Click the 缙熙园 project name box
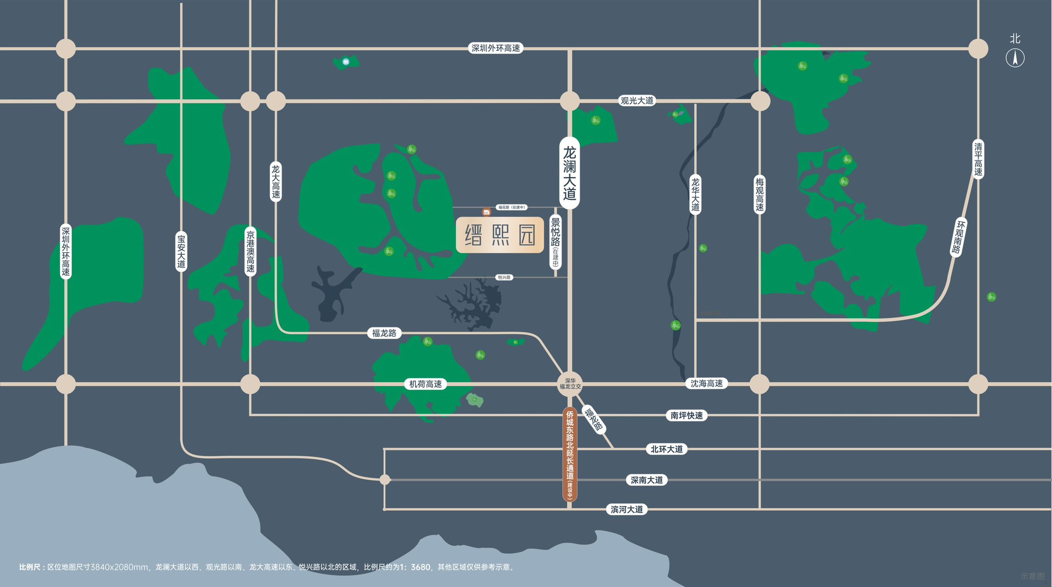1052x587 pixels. click(x=500, y=235)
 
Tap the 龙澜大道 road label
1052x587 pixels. click(x=569, y=173)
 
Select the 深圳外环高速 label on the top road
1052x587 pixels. click(x=495, y=48)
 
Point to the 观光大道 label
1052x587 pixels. click(x=637, y=100)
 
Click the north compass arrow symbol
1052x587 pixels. click(x=1015, y=58)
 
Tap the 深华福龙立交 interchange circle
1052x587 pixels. click(x=570, y=384)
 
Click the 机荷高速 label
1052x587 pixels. click(x=425, y=384)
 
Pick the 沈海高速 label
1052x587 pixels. click(x=706, y=383)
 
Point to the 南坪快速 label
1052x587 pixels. click(x=686, y=415)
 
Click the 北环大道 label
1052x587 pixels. click(x=666, y=449)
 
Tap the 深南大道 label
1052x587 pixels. click(x=646, y=480)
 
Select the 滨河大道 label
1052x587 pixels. click(x=626, y=509)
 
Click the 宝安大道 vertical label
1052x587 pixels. click(x=181, y=251)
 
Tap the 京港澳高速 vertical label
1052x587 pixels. click(x=250, y=251)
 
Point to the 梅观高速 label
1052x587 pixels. click(x=759, y=194)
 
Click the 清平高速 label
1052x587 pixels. click(x=978, y=159)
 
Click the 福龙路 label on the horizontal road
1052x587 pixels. click(x=384, y=333)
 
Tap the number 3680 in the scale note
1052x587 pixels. click(x=420, y=567)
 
